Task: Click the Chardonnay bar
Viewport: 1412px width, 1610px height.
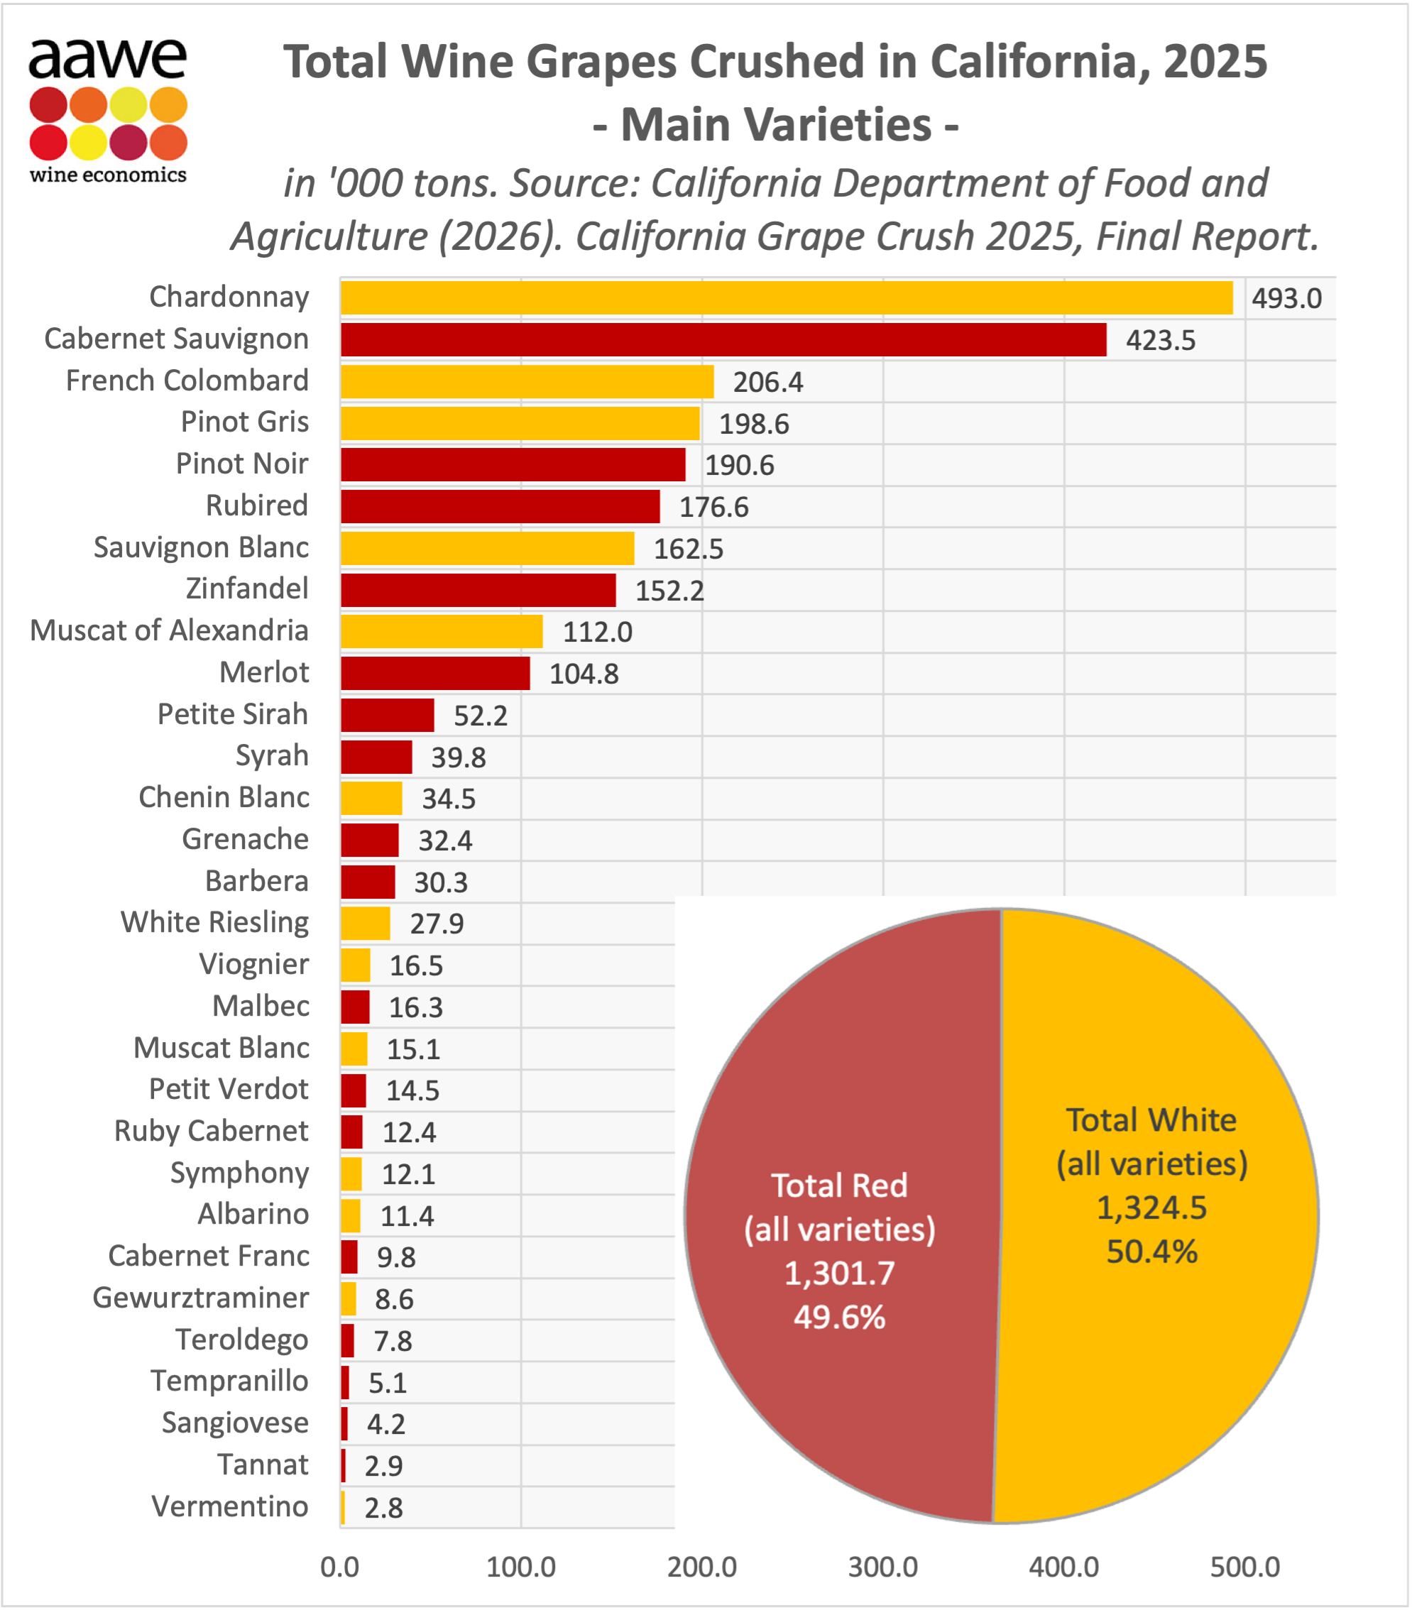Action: [787, 297]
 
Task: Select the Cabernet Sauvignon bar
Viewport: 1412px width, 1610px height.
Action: [723, 339]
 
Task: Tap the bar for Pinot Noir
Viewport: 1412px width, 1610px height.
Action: [513, 465]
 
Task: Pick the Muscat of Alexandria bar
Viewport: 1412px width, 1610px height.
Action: [442, 632]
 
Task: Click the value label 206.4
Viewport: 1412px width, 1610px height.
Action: [768, 382]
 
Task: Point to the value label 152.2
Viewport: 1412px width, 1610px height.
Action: [669, 591]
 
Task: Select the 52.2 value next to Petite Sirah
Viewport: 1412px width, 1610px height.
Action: [481, 716]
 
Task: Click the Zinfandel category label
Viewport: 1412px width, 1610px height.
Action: [247, 588]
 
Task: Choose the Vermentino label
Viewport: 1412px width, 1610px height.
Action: [230, 1506]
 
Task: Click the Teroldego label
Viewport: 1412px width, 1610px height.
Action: [242, 1339]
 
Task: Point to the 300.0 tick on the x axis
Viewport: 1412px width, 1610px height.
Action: [883, 1567]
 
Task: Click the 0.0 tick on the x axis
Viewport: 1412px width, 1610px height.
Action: [340, 1567]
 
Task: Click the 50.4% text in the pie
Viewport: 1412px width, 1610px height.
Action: [1152, 1252]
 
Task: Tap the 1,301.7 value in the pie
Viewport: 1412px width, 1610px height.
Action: [840, 1274]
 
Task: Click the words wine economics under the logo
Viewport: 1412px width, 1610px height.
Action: [108, 175]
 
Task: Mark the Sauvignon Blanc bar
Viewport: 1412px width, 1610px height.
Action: [488, 548]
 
